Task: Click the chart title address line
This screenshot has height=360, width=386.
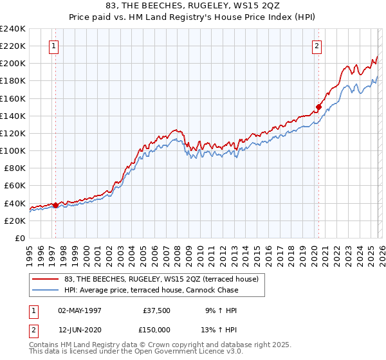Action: click(193, 6)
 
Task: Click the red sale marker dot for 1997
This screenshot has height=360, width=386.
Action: click(55, 206)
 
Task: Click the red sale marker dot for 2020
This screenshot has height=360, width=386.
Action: click(318, 107)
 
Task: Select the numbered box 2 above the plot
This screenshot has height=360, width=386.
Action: click(318, 46)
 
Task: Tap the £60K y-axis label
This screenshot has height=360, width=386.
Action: click(14, 186)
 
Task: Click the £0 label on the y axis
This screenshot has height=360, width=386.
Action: click(19, 238)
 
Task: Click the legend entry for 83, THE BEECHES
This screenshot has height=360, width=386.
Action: click(161, 279)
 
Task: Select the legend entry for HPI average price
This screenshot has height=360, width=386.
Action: click(151, 290)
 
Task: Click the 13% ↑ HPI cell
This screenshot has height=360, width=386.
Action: click(221, 330)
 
